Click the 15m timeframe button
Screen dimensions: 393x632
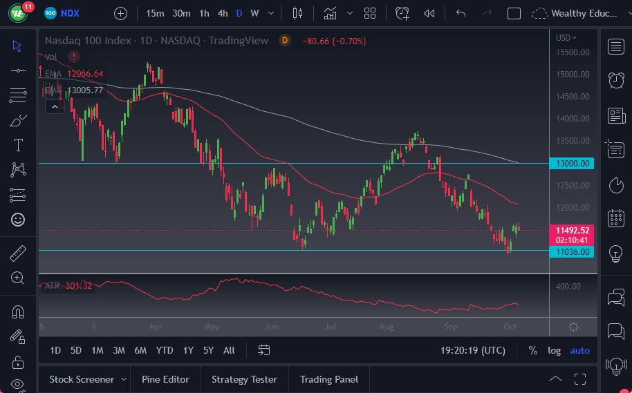[156, 13]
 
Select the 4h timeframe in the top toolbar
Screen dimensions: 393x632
[222, 13]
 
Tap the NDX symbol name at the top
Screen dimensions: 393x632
[71, 13]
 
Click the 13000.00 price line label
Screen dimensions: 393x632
[573, 164]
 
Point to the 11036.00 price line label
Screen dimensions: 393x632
[573, 252]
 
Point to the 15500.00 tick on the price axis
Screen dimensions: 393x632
[573, 52]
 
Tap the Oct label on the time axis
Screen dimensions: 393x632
[510, 326]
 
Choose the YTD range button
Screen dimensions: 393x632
[164, 350]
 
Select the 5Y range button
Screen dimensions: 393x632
[208, 350]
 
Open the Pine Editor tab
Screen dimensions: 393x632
[166, 379]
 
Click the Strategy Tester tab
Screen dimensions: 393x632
[244, 379]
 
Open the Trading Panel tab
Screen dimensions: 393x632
[329, 379]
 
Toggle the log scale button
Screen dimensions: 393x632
[555, 350]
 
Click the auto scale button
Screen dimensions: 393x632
[579, 350]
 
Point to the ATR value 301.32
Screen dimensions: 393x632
[78, 286]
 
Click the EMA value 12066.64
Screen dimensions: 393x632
[85, 74]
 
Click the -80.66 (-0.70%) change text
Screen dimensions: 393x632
[334, 41]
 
